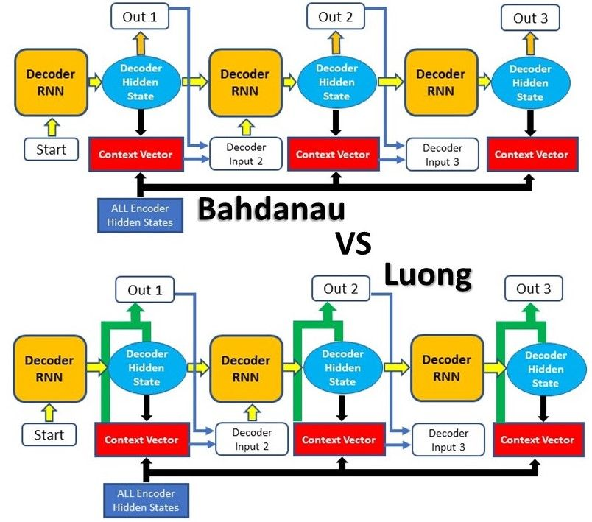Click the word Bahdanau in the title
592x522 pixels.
(x=272, y=210)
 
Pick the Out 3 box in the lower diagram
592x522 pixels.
(x=534, y=289)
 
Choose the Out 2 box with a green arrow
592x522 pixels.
(x=342, y=289)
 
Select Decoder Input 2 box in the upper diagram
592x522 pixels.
(x=246, y=154)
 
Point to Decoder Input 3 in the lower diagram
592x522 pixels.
(x=448, y=440)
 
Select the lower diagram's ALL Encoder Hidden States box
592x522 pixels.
(x=146, y=500)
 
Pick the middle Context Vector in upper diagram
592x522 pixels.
(x=333, y=155)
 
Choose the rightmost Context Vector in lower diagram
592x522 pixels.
(x=537, y=440)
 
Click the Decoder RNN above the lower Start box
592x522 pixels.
(x=49, y=368)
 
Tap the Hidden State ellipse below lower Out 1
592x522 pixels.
(x=144, y=368)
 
